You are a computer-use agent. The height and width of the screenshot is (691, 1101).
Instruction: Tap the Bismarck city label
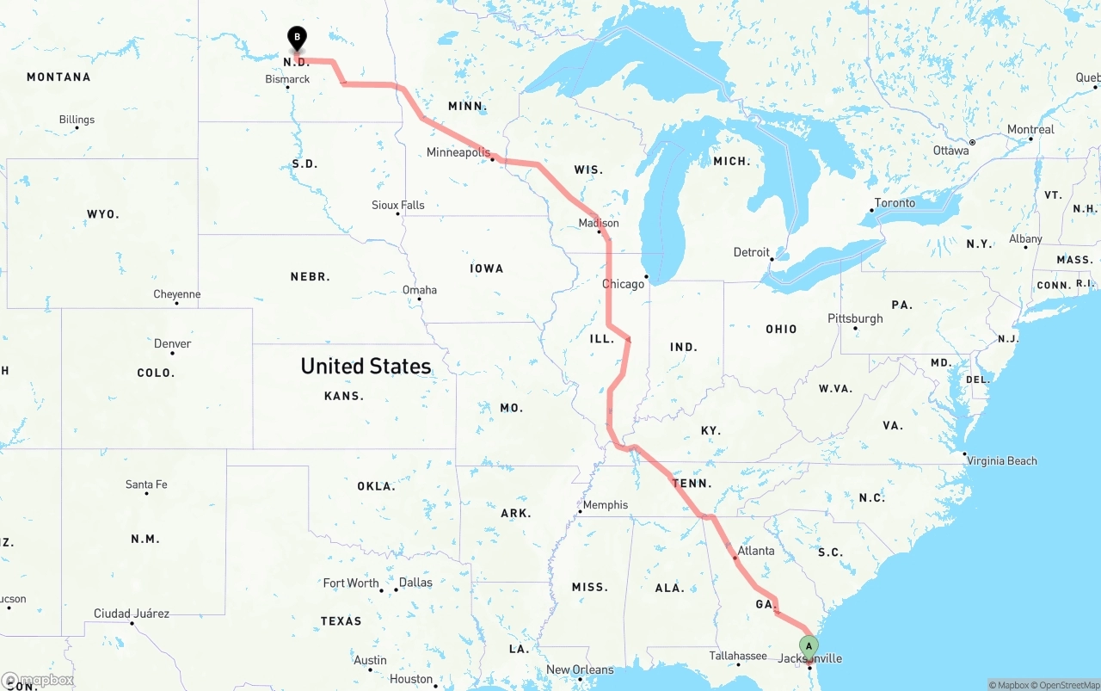pyautogui.click(x=287, y=79)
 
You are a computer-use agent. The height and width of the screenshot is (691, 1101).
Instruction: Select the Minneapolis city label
pyautogui.click(x=458, y=152)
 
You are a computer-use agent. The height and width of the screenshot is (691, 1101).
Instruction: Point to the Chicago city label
pyautogui.click(x=623, y=284)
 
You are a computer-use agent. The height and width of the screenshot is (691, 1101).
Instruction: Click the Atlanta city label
pyautogui.click(x=756, y=551)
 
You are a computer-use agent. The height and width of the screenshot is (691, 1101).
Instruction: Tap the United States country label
pyautogui.click(x=366, y=366)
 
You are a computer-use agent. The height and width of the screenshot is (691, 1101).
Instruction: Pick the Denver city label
pyautogui.click(x=172, y=343)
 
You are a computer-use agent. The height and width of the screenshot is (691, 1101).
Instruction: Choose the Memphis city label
pyautogui.click(x=606, y=505)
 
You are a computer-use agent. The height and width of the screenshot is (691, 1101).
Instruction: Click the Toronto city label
pyautogui.click(x=895, y=203)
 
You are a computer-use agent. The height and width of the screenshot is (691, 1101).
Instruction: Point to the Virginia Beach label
pyautogui.click(x=1002, y=460)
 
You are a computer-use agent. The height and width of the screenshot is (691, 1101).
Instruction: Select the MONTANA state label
pyautogui.click(x=58, y=77)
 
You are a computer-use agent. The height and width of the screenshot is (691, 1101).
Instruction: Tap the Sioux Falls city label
pyautogui.click(x=398, y=205)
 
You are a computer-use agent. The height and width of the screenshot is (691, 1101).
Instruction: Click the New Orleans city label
pyautogui.click(x=581, y=669)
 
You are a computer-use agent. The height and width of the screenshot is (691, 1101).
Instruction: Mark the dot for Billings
pyautogui.click(x=77, y=128)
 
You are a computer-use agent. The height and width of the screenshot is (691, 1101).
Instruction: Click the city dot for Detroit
pyautogui.click(x=772, y=258)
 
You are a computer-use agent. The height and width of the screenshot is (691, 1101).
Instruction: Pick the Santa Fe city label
pyautogui.click(x=146, y=484)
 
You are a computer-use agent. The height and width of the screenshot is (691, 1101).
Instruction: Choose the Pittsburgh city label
pyautogui.click(x=855, y=318)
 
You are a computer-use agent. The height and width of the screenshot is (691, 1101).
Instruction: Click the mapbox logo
pyautogui.click(x=38, y=680)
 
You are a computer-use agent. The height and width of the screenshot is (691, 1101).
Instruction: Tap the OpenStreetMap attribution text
pyautogui.click(x=1067, y=685)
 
